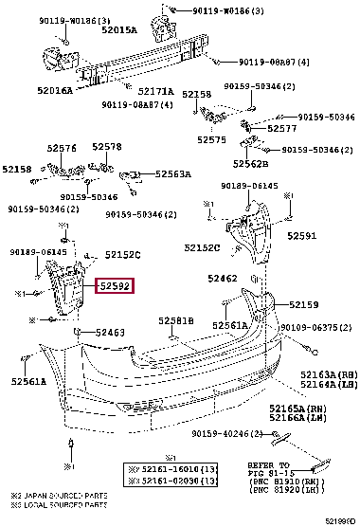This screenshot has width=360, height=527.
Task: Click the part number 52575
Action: click(x=211, y=139)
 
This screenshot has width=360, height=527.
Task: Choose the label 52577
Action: click(x=282, y=128)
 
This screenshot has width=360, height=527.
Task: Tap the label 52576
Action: click(x=62, y=148)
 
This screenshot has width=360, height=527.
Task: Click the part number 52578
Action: click(x=106, y=148)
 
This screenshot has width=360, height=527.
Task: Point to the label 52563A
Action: click(x=173, y=174)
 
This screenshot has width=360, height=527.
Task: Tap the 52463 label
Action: click(x=110, y=333)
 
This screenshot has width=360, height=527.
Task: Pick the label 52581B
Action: click(x=175, y=321)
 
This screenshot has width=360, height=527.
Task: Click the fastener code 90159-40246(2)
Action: click(x=222, y=433)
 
